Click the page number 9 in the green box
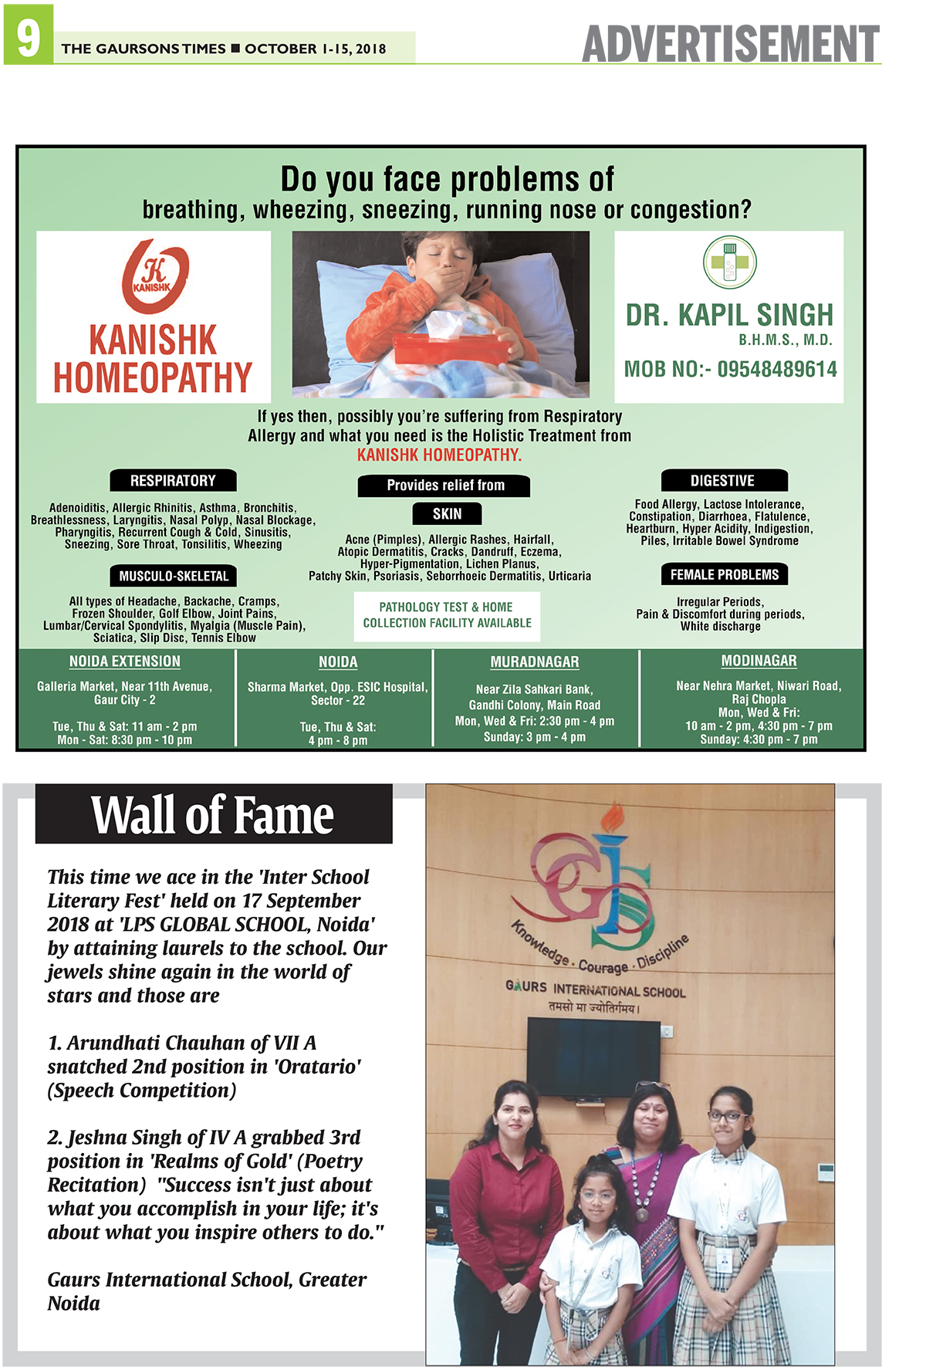pyautogui.click(x=28, y=36)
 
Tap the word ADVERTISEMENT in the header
pyautogui.click(x=730, y=44)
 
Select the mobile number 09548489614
pyautogui.click(x=777, y=369)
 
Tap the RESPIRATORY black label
pyautogui.click(x=173, y=481)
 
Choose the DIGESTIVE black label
pyautogui.click(x=723, y=481)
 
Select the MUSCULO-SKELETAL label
pyautogui.click(x=174, y=576)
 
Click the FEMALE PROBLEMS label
pyautogui.click(x=725, y=574)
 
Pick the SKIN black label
pyautogui.click(x=447, y=513)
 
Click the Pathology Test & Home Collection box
pyautogui.click(x=447, y=615)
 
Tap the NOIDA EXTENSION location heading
pyautogui.click(x=125, y=661)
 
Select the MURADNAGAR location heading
pyautogui.click(x=535, y=662)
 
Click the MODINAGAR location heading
pyautogui.click(x=759, y=661)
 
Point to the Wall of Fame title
pyautogui.click(x=213, y=815)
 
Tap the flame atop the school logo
pyautogui.click(x=613, y=817)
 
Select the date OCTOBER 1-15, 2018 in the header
pyautogui.click(x=316, y=49)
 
